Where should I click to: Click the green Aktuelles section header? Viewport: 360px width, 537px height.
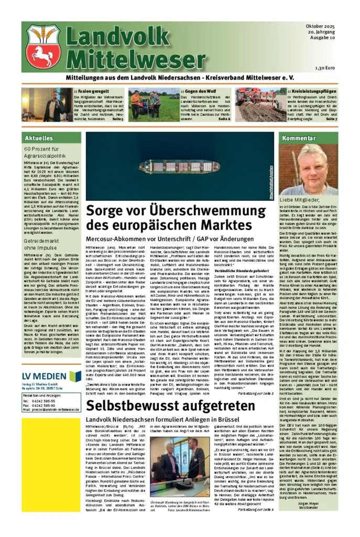click(37, 138)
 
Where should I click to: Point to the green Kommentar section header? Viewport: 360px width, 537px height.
click(298, 138)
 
